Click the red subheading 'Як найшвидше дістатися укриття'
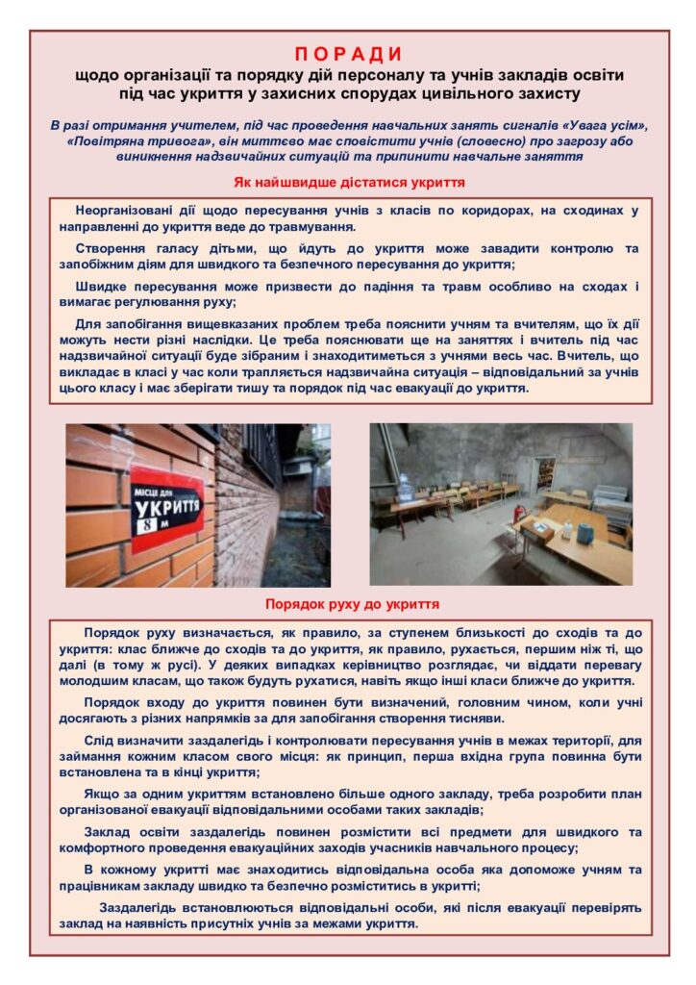pyautogui.click(x=349, y=182)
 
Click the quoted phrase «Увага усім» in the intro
pyautogui.click(x=606, y=126)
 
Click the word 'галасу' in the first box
pyautogui.click(x=166, y=248)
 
